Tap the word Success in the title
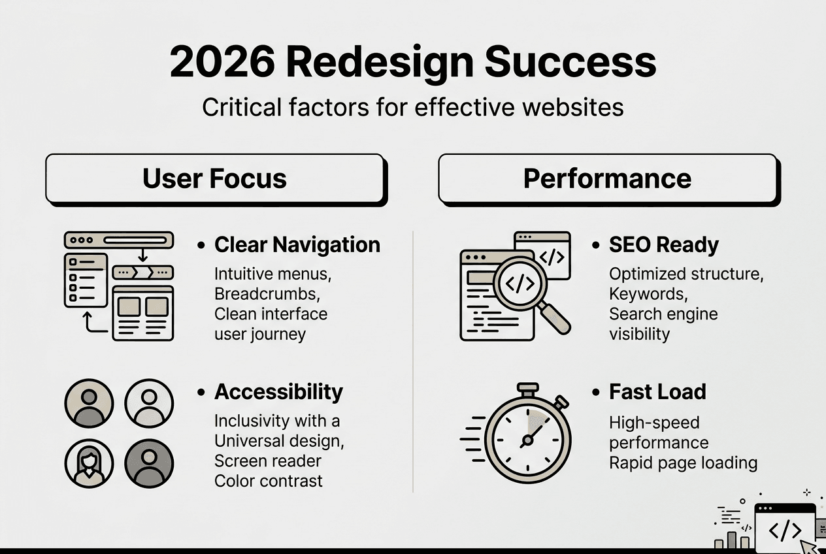pos(570,63)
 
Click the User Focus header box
pos(214,178)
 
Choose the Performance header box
pos(607,178)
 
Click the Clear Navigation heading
pos(297,245)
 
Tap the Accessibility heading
pos(278,392)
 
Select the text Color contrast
pos(268,481)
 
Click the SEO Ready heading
pos(663,245)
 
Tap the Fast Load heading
pos(657,392)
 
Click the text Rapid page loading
pos(683,463)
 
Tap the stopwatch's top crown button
pos(527,388)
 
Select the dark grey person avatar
pos(148,463)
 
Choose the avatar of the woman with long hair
pos(90,463)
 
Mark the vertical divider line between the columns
pos(413,359)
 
